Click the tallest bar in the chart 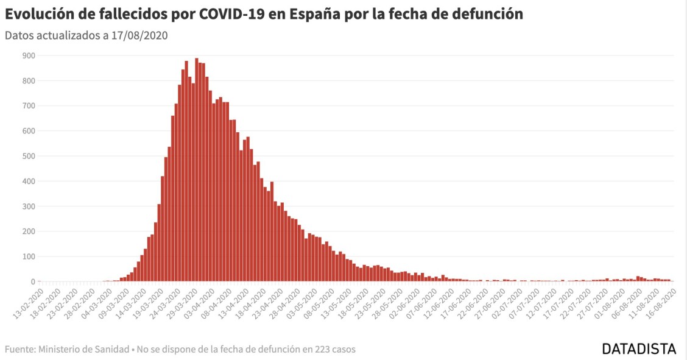pyautogui.click(x=196, y=170)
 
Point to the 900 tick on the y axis pyautogui.click(x=29, y=55)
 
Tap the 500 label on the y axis pyautogui.click(x=29, y=156)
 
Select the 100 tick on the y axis pyautogui.click(x=29, y=256)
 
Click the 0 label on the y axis pyautogui.click(x=32, y=281)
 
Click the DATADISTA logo pyautogui.click(x=639, y=349)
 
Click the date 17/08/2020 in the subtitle pyautogui.click(x=139, y=35)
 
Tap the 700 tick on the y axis pyautogui.click(x=29, y=106)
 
